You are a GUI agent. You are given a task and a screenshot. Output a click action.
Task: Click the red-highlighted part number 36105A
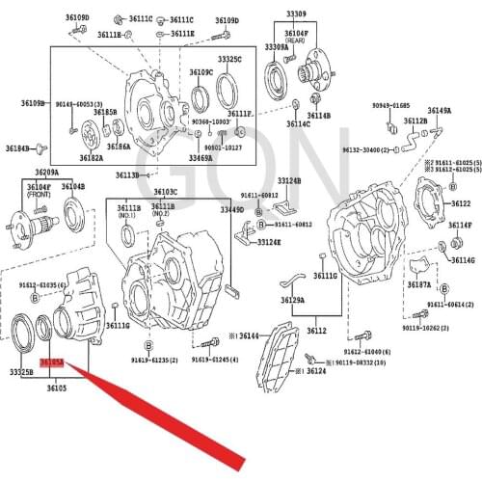pos(51,362)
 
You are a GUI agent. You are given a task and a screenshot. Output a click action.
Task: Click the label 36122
pos(460,204)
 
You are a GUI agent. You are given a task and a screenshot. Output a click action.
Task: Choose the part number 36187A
pos(418,285)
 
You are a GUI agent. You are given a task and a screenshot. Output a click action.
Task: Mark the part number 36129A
pos(293,300)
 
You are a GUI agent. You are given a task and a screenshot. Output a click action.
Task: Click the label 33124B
pos(288,180)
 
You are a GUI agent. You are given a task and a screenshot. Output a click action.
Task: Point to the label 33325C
pos(229,60)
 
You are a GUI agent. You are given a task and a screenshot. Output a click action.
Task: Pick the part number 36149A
pos(440,111)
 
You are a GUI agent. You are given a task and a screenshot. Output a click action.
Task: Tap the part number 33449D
pos(231,209)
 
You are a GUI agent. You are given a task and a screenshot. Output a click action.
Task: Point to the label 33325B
pos(21,371)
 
